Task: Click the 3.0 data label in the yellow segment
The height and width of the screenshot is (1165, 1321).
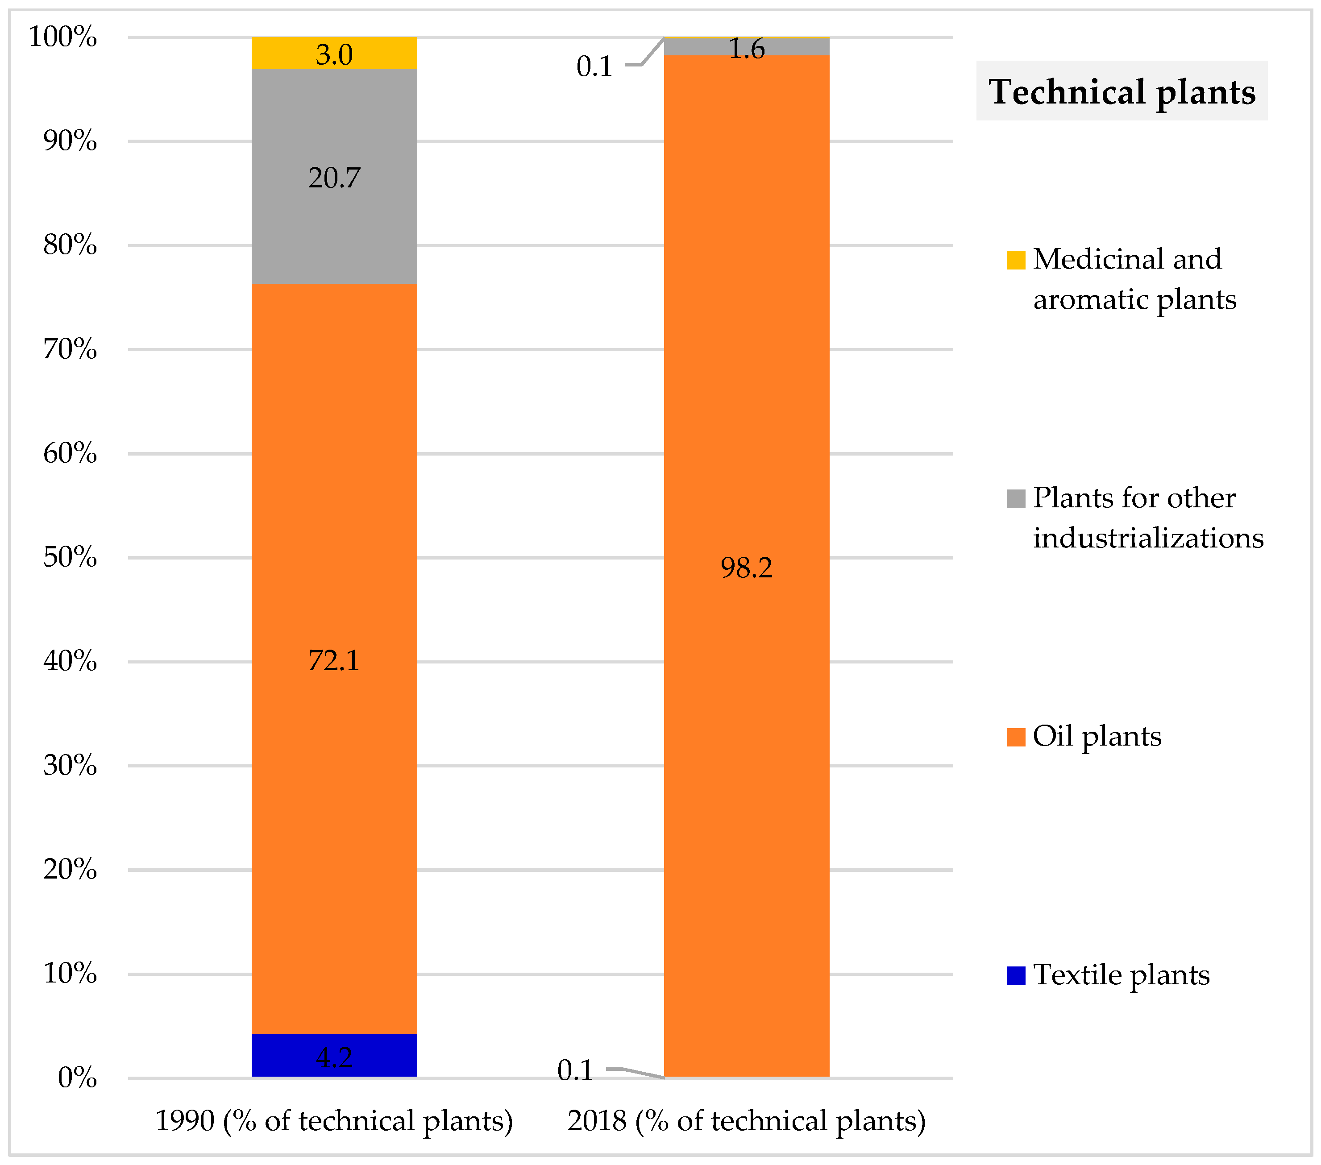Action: click(334, 54)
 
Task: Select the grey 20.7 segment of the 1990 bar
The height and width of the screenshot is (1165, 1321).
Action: click(334, 213)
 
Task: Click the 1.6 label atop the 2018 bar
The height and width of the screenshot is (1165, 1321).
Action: click(747, 49)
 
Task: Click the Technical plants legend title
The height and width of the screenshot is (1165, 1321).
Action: click(1122, 91)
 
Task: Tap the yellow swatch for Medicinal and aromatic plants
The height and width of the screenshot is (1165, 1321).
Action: click(1016, 260)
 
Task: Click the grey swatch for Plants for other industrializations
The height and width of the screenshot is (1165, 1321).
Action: click(1016, 499)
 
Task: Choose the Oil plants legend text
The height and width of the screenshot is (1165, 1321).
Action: click(1097, 736)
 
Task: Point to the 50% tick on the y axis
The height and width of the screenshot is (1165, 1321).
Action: click(70, 557)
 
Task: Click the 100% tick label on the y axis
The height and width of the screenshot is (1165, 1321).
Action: click(62, 37)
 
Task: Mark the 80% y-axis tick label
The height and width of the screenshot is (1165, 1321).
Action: click(70, 245)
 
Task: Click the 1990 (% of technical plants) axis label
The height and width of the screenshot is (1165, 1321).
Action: click(334, 1120)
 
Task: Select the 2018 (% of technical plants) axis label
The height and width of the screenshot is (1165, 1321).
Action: click(747, 1120)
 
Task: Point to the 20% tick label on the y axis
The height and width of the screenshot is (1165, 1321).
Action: click(70, 870)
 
